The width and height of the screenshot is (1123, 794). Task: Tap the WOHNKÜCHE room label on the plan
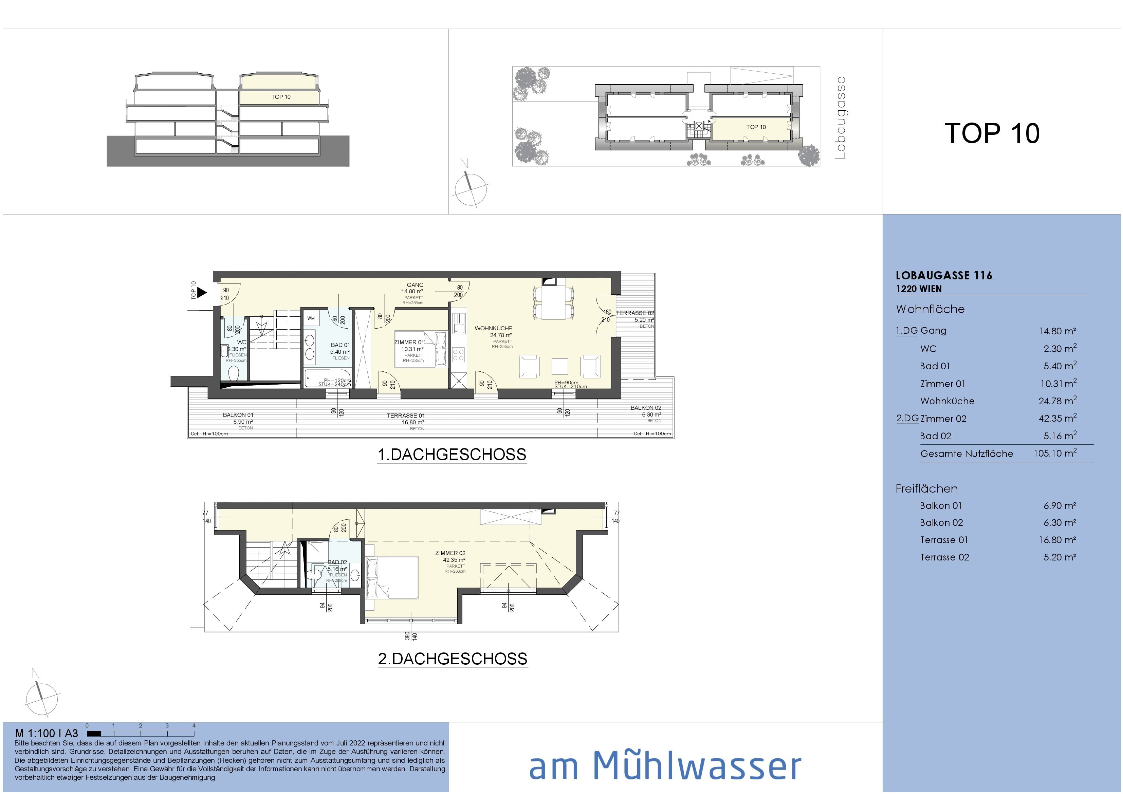493,328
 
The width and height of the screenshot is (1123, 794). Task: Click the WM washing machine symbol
311,318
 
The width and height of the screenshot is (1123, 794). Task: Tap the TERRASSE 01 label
405,416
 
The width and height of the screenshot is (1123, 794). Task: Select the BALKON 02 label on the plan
646,407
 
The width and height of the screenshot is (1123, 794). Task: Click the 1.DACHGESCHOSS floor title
452,455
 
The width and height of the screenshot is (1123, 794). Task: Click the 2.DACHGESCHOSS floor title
453,659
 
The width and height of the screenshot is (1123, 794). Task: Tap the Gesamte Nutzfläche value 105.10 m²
1054,454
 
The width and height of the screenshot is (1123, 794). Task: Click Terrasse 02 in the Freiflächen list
944,557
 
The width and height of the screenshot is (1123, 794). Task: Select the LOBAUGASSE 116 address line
943,275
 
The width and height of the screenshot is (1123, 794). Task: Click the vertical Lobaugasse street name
840,117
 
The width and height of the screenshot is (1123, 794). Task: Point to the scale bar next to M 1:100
141,733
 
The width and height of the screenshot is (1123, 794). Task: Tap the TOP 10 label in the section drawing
281,97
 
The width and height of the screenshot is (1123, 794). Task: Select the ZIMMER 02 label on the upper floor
450,553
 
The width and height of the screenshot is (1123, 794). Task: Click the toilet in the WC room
234,374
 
